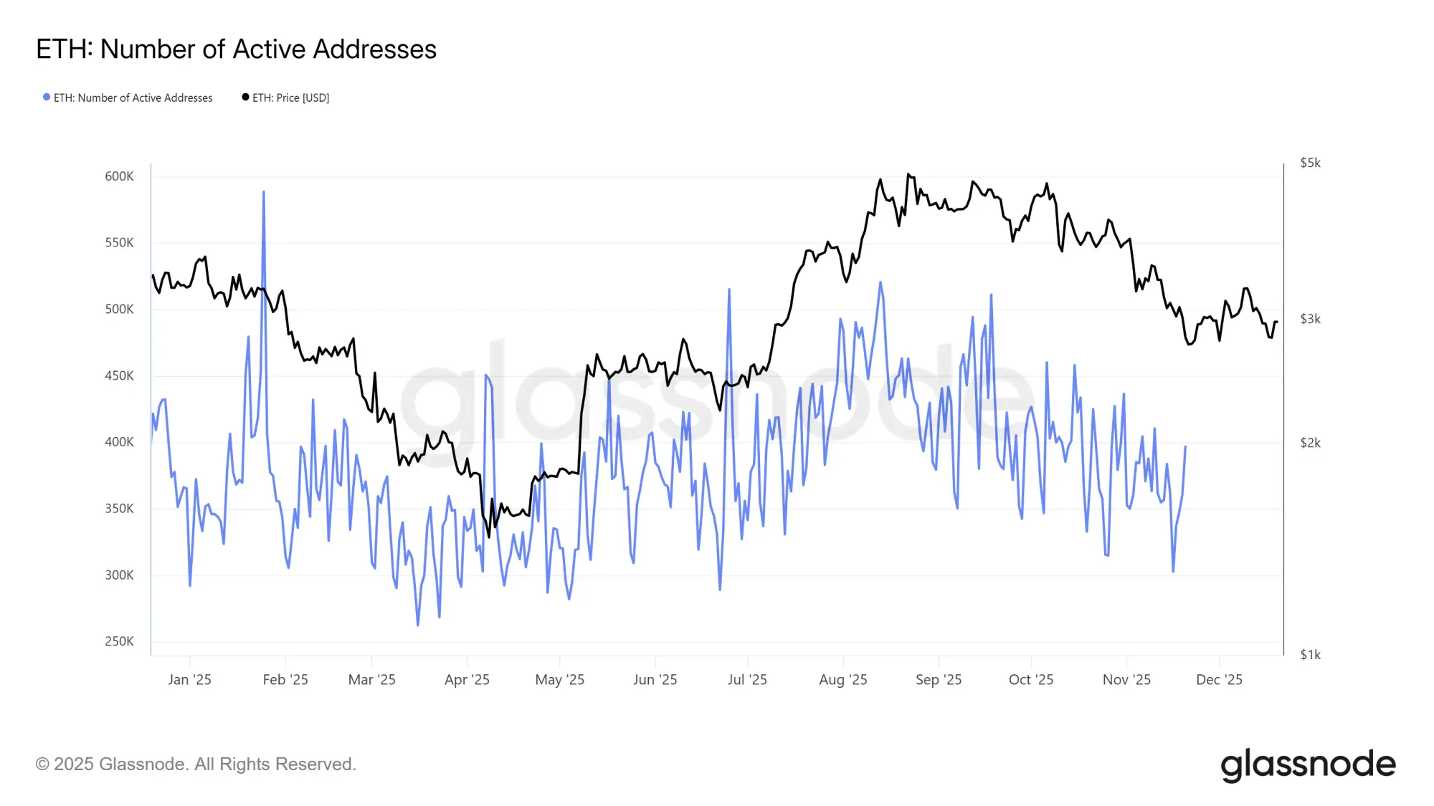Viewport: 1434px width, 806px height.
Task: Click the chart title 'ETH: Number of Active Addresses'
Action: coord(236,49)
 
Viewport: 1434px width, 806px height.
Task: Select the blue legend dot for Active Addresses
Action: coord(47,97)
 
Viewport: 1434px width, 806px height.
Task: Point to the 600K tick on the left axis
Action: coord(119,176)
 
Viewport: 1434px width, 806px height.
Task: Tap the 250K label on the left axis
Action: coord(119,641)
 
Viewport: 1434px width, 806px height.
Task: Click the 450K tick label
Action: coord(119,375)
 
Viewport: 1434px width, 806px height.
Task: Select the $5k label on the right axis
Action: coord(1310,163)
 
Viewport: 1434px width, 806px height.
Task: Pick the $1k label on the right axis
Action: coord(1310,655)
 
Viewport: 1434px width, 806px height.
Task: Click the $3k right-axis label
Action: coord(1310,320)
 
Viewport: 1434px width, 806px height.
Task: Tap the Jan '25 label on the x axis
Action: coord(189,680)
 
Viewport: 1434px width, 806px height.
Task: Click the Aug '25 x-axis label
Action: coord(843,680)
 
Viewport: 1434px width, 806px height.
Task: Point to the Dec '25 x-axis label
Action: coord(1219,680)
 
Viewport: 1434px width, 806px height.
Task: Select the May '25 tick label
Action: coord(559,680)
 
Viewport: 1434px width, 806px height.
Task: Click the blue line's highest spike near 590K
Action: coord(264,192)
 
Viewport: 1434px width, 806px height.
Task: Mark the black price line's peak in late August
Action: coord(908,174)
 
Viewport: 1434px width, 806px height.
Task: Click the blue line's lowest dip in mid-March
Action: coord(418,625)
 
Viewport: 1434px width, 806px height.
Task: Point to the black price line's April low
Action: coord(489,536)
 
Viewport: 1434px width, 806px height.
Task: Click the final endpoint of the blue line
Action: coord(1185,446)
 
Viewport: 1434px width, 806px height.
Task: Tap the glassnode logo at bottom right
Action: coord(1308,765)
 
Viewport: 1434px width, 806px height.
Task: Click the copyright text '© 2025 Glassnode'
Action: coord(196,764)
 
